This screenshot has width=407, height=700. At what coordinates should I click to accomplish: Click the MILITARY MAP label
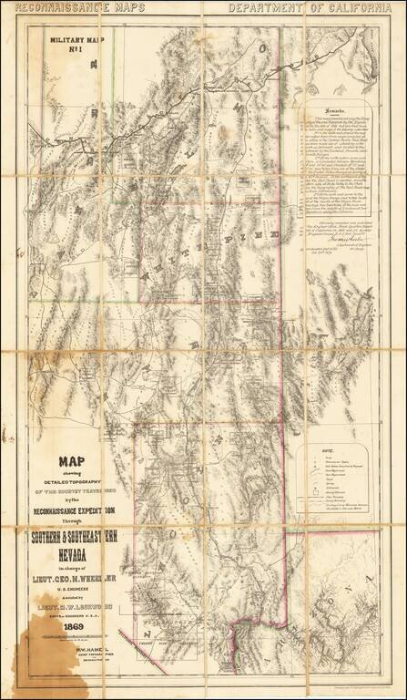tap(78, 40)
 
